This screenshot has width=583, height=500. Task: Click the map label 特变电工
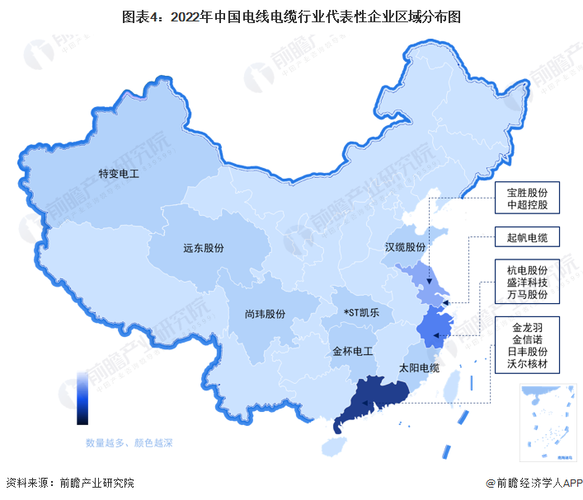coord(119,175)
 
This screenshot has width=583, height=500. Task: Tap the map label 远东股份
coord(203,247)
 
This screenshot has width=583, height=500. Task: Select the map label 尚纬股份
coord(265,314)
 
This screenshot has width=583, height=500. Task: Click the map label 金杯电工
coord(353,351)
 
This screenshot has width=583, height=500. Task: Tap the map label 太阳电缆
coord(419,367)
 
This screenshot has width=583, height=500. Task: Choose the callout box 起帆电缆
coord(528,238)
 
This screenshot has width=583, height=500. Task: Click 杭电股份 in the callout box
coord(528,267)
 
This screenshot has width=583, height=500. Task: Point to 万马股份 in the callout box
coord(528,295)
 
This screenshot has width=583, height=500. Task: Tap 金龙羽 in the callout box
coord(528,325)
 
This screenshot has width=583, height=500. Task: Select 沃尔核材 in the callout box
coord(528,367)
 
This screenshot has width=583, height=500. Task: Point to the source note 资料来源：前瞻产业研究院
coord(69,483)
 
